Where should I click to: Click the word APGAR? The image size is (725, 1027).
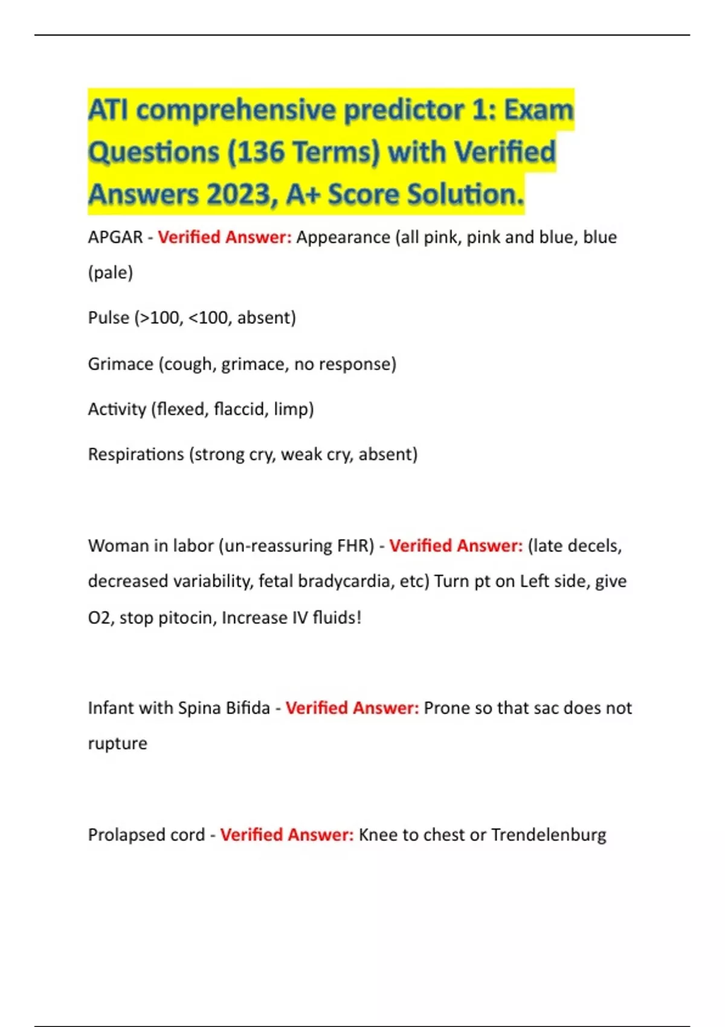coord(115,237)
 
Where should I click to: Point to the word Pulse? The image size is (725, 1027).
coord(109,318)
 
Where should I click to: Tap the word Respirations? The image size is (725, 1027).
coord(136,454)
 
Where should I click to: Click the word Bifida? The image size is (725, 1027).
coord(248,708)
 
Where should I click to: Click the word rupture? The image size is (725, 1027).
coord(118,744)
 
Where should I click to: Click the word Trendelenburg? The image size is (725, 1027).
coord(549,835)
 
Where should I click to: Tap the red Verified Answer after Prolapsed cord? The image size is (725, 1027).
coord(287,835)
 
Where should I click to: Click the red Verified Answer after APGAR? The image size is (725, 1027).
coord(225,237)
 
